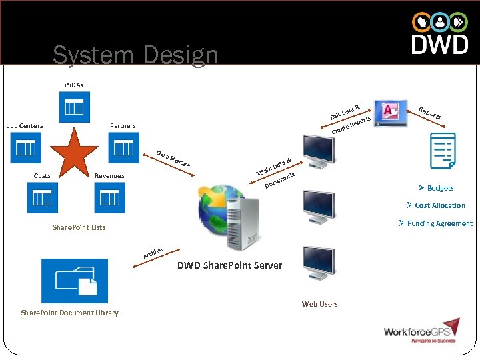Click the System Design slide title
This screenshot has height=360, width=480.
(135, 55)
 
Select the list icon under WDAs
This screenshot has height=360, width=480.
(74, 107)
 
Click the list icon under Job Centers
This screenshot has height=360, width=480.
(25, 147)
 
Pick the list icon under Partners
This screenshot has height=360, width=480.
(123, 147)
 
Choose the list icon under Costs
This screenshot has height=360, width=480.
(43, 197)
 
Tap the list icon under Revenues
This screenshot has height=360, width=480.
(109, 197)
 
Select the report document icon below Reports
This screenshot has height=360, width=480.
(443, 152)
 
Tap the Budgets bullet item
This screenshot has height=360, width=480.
(436, 188)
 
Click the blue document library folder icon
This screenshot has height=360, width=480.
(74, 281)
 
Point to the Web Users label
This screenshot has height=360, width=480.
(319, 304)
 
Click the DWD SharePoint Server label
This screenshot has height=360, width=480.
(229, 265)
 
